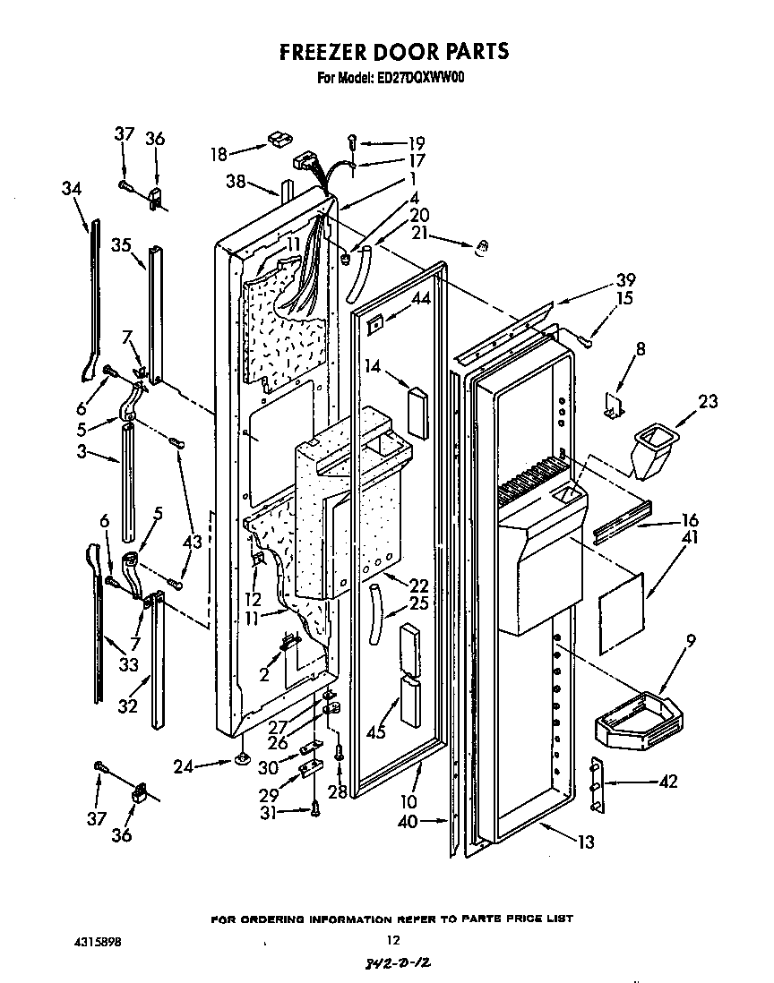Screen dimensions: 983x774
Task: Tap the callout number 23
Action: pyautogui.click(x=708, y=401)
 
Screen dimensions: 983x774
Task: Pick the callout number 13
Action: pyautogui.click(x=586, y=842)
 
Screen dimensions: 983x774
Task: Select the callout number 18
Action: pyautogui.click(x=219, y=153)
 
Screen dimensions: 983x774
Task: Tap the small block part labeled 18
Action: pyautogui.click(x=275, y=139)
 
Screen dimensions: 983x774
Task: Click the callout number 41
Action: pyautogui.click(x=665, y=538)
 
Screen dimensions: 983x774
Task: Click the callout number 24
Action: pyautogui.click(x=184, y=765)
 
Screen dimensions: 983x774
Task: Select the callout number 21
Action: pyautogui.click(x=419, y=234)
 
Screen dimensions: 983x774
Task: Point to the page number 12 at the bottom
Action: pyautogui.click(x=391, y=940)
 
